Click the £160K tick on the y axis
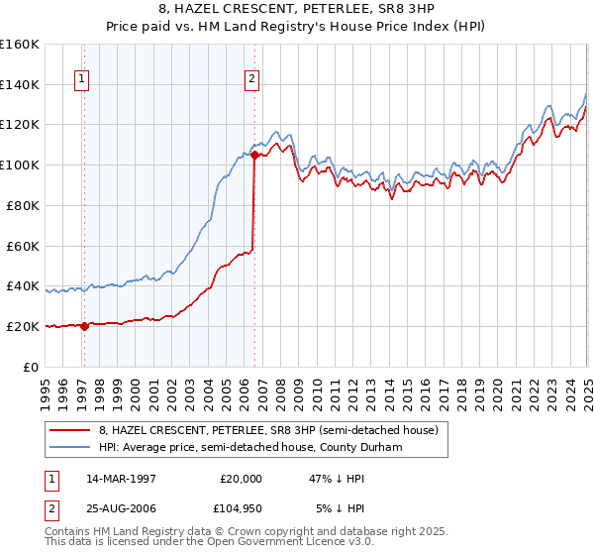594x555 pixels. pyautogui.click(x=21, y=45)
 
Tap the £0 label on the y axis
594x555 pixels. pyautogui.click(x=32, y=367)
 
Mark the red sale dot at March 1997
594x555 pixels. pyautogui.click(x=84, y=326)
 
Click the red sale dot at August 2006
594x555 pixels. pyautogui.click(x=255, y=155)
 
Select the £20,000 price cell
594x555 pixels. pyautogui.click(x=242, y=478)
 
